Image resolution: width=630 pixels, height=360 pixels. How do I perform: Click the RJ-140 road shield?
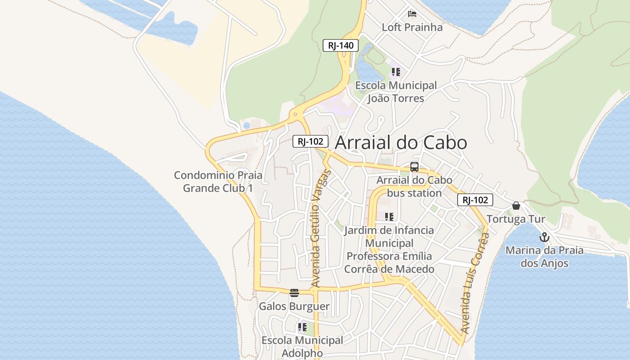(x=341, y=45)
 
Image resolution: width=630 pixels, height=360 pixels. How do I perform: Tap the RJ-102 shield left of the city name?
(x=310, y=141)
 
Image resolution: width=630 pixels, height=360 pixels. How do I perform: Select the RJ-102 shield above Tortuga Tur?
(x=475, y=200)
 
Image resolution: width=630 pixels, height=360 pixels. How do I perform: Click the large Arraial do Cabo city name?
(x=401, y=143)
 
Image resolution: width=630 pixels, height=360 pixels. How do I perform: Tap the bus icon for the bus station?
(x=414, y=167)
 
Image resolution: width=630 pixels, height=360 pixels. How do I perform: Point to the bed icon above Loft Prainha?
(x=412, y=13)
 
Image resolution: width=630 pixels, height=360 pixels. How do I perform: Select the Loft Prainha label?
(x=412, y=27)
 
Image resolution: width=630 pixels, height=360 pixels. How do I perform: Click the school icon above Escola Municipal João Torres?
(x=396, y=72)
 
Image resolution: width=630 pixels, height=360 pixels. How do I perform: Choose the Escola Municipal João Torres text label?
(x=396, y=92)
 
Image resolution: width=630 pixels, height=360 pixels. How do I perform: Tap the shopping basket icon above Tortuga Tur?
(x=516, y=206)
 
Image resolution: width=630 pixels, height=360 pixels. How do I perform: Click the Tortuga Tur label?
(x=516, y=220)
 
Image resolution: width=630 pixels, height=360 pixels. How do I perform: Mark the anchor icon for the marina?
(x=544, y=237)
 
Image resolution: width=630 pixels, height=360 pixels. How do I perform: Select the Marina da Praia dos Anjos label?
(x=544, y=257)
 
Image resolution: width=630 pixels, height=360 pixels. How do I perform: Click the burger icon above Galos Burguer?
(x=294, y=293)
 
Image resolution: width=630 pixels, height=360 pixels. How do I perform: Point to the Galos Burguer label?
(x=294, y=307)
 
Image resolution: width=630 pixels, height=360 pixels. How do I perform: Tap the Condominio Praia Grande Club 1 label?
(x=218, y=181)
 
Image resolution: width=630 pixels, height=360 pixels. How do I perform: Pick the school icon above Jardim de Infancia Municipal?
(x=389, y=217)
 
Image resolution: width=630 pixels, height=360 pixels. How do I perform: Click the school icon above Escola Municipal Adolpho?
(x=302, y=327)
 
